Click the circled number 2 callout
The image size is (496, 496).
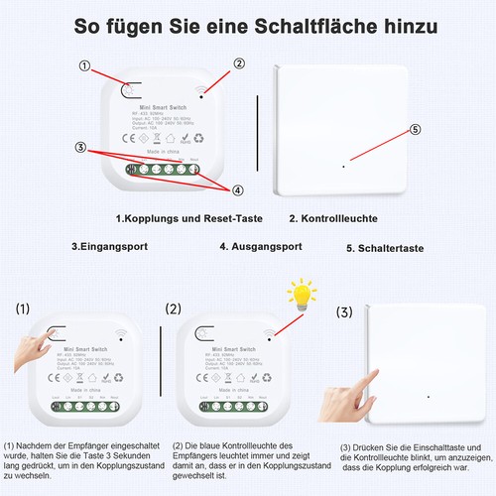[x=238, y=63]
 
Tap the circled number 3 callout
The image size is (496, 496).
[x=79, y=147]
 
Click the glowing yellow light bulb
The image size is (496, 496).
[x=301, y=294]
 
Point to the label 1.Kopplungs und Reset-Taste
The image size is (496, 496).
[x=189, y=218]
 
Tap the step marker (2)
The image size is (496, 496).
[x=175, y=309]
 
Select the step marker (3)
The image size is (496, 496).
[x=344, y=311]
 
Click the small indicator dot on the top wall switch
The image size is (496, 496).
[x=342, y=165]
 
